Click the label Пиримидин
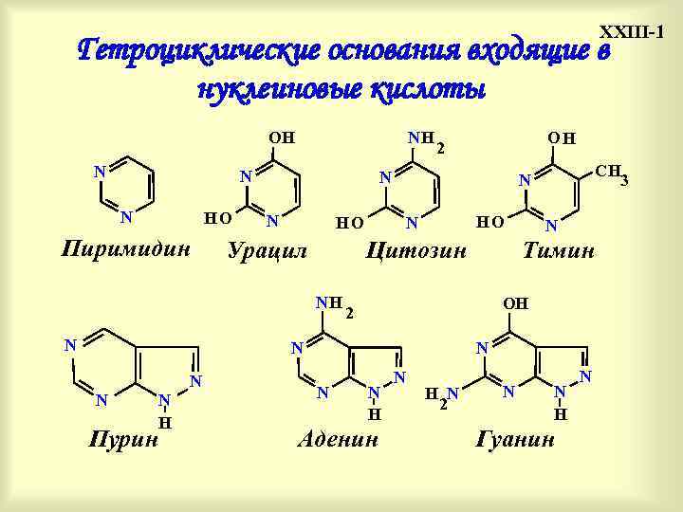coord(126,249)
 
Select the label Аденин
coord(338,438)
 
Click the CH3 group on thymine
coord(611,174)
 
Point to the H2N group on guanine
coord(441,394)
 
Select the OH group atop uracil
coord(281,137)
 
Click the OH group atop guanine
coord(516,303)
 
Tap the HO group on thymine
coord(490,221)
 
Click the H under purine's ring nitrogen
coord(164,421)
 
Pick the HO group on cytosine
coord(349,223)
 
